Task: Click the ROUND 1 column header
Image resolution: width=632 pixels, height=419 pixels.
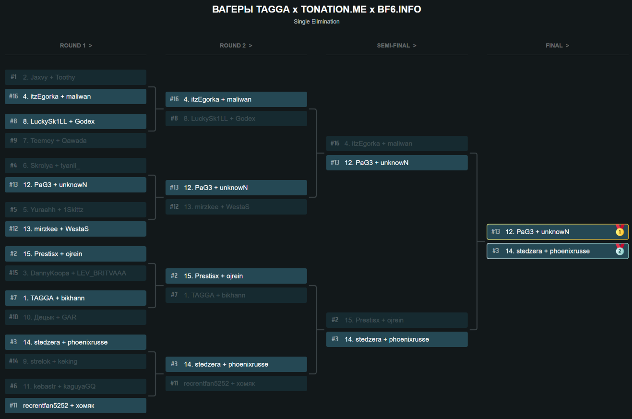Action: coord(76,46)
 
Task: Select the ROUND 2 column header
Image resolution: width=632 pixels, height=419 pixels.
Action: coord(236,46)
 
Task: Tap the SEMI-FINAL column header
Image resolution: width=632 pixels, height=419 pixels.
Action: coord(396,46)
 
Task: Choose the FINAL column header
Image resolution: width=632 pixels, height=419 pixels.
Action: coord(557,46)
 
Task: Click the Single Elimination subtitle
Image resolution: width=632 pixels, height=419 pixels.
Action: coord(316,22)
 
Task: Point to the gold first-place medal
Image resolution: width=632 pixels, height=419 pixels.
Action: coord(620,232)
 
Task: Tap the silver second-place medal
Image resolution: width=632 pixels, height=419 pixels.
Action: coord(620,251)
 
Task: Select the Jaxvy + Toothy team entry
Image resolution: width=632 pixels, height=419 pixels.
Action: coord(75,77)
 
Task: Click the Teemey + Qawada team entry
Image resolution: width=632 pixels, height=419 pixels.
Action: coord(75,141)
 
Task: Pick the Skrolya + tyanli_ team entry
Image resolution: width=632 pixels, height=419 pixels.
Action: coord(75,166)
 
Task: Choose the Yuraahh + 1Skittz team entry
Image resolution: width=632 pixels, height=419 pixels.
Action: coord(75,210)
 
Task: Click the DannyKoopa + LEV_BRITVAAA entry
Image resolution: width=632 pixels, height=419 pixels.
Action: coord(75,273)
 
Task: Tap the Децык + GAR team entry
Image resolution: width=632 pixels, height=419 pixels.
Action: coord(75,317)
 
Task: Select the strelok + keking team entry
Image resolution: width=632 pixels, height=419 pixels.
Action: coord(75,361)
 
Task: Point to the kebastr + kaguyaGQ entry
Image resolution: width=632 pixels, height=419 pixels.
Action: coord(75,386)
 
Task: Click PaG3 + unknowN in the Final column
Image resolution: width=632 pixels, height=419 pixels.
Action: coord(552,232)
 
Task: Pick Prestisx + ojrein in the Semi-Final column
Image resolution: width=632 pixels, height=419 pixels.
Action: coord(397,320)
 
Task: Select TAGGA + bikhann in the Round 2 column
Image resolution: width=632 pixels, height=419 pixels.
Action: coord(236,295)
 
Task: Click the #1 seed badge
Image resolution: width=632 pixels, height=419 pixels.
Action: coord(13,77)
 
